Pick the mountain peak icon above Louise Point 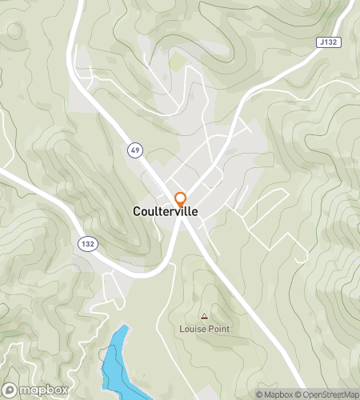pos(204,317)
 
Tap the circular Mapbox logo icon pos(10,390)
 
